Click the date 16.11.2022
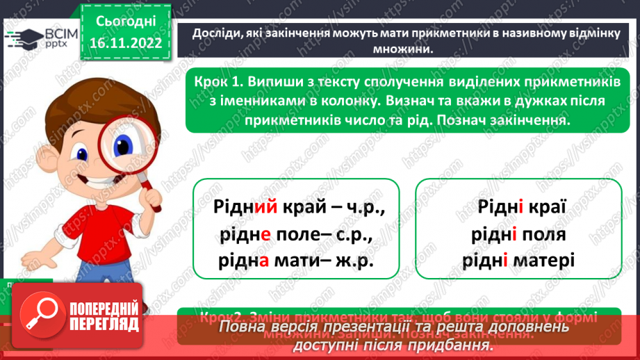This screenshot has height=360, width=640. [x=125, y=42]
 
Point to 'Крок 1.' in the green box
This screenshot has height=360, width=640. [x=220, y=83]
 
